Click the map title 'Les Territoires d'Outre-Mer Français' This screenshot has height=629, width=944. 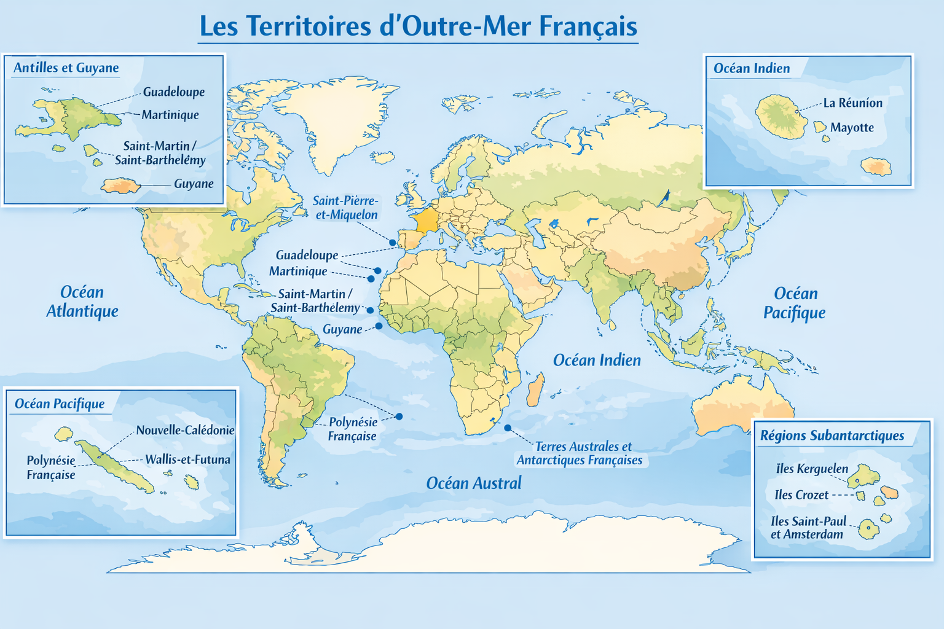[418, 26]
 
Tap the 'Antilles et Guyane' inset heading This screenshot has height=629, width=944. [66, 68]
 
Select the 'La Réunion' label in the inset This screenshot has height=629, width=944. [852, 103]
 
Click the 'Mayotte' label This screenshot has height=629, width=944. [851, 128]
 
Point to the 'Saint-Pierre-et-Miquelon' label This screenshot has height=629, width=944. [346, 208]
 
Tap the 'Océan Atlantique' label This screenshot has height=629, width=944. [82, 302]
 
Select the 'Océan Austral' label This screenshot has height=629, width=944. [474, 483]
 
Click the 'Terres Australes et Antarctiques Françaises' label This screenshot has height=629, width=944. [580, 453]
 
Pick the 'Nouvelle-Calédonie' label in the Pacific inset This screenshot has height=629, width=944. [185, 431]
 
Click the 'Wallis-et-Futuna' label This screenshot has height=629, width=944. [187, 459]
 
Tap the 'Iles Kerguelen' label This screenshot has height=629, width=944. [812, 469]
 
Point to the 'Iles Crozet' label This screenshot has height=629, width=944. [801, 495]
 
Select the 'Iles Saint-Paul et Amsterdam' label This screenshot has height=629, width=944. [808, 528]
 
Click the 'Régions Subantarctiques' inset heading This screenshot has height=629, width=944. [832, 436]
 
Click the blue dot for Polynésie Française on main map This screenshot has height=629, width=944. [399, 416]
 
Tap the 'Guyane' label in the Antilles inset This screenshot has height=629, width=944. [194, 184]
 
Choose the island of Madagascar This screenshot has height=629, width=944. [535, 389]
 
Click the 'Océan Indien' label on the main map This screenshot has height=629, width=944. [597, 361]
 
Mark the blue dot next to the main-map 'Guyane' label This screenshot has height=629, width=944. [379, 326]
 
